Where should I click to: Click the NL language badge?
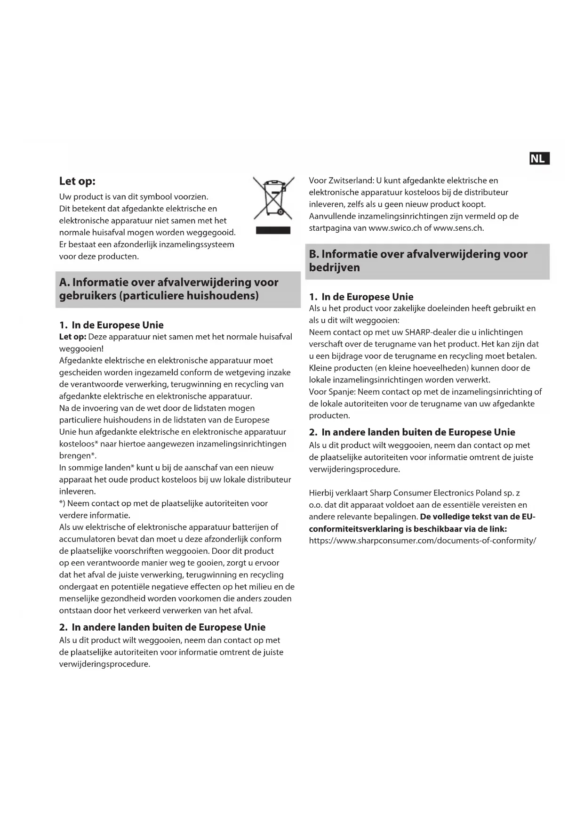(x=539, y=159)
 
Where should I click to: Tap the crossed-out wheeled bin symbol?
(x=273, y=198)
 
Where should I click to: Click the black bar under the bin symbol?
(x=273, y=230)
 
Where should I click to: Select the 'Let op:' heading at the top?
(x=77, y=181)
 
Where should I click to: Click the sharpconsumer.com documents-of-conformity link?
(x=422, y=540)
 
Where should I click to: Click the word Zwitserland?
(x=350, y=180)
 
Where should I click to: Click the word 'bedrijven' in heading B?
(x=334, y=267)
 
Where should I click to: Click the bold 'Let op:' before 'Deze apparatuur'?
(x=72, y=337)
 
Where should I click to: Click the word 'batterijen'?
(x=253, y=527)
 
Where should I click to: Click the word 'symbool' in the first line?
(x=155, y=196)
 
